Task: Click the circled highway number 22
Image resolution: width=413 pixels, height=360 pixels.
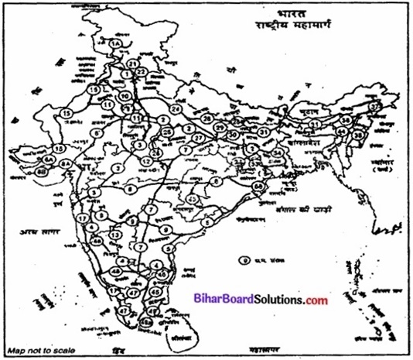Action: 142,71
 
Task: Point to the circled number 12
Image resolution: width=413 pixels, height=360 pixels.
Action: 146,159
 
